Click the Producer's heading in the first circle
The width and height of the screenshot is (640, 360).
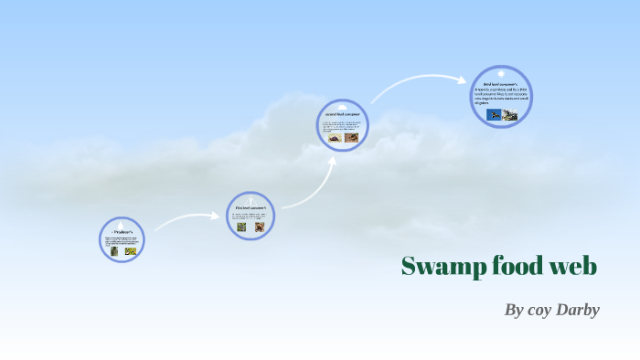coord(122,233)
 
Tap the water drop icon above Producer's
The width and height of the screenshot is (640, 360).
coord(122,224)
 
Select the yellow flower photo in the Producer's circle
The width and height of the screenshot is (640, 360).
coord(130,250)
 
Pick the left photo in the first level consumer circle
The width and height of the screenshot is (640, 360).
coord(242,227)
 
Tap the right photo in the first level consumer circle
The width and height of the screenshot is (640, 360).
coord(259,227)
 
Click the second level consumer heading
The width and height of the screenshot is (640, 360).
coord(343,114)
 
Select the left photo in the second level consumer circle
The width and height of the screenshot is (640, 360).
coord(336,138)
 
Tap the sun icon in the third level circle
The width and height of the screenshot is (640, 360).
coord(501,73)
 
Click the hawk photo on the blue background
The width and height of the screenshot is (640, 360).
coord(493,114)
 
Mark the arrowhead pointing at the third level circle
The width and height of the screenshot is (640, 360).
coord(463,79)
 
